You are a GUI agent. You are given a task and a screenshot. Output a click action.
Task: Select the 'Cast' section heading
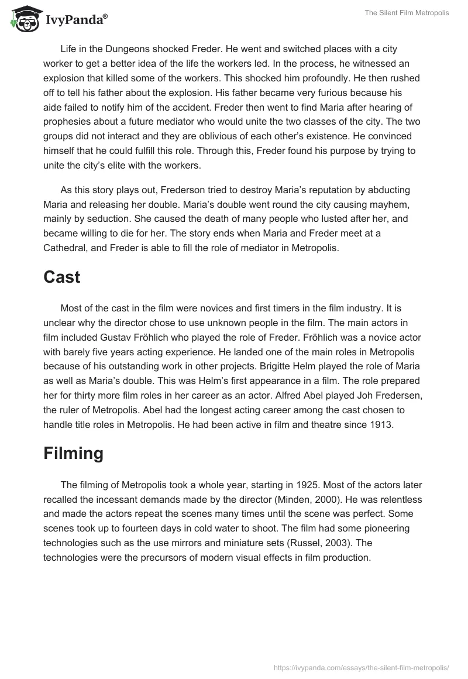point(61,277)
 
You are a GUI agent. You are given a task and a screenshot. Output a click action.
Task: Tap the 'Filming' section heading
point(73,454)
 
